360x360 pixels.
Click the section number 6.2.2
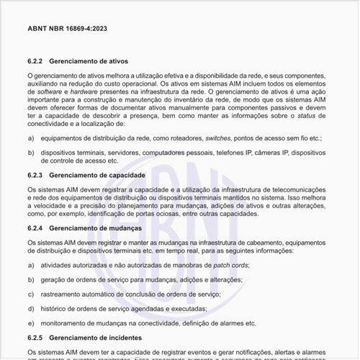click(36, 63)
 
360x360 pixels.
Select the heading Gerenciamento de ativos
click(94, 63)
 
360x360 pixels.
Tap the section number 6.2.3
click(36, 175)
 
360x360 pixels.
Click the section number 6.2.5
click(36, 337)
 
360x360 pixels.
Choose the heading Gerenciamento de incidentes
click(100, 337)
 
